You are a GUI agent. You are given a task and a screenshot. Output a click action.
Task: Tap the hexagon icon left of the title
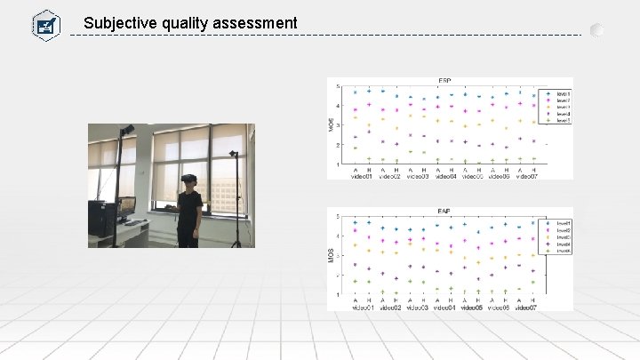tap(45, 24)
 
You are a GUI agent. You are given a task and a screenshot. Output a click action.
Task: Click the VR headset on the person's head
tap(189, 180)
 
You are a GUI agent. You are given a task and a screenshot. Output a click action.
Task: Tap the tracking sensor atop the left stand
tap(128, 130)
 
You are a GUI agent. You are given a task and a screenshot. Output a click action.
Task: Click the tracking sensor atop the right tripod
tap(234, 155)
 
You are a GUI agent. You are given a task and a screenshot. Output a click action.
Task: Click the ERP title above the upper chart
tap(444, 82)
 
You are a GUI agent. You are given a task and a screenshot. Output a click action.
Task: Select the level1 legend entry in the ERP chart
tap(561, 92)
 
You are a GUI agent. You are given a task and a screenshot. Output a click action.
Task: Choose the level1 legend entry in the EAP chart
tap(561, 222)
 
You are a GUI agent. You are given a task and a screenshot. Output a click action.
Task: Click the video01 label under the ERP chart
tap(363, 176)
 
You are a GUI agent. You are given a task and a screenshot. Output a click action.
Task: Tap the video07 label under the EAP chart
tap(526, 308)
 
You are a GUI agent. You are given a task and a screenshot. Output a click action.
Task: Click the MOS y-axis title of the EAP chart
tap(330, 257)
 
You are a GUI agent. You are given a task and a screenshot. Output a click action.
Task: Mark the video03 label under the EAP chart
tap(417, 308)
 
